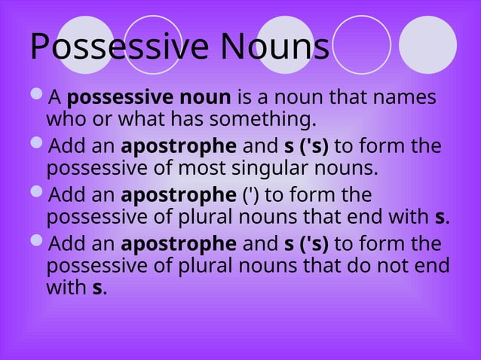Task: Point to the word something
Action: click(x=264, y=119)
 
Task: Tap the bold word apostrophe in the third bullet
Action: click(x=179, y=196)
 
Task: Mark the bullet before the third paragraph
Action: click(x=38, y=194)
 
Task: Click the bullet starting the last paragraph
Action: click(x=38, y=243)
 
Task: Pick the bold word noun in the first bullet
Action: click(x=206, y=99)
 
